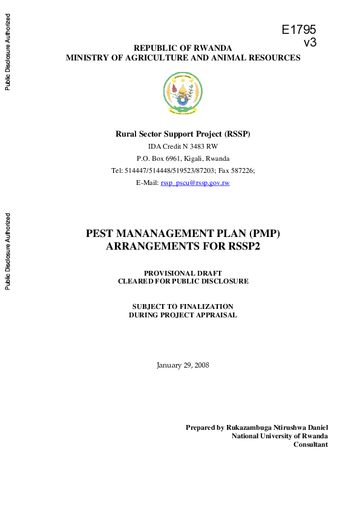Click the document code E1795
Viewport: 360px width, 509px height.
(299, 30)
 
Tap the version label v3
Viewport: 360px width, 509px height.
(310, 42)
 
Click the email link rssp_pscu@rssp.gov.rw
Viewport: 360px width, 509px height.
(195, 182)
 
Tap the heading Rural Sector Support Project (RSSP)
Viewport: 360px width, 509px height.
(183, 134)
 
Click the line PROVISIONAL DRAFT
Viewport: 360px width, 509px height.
(183, 273)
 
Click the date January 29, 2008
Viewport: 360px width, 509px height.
(183, 365)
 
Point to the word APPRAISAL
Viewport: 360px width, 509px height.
(215, 315)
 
